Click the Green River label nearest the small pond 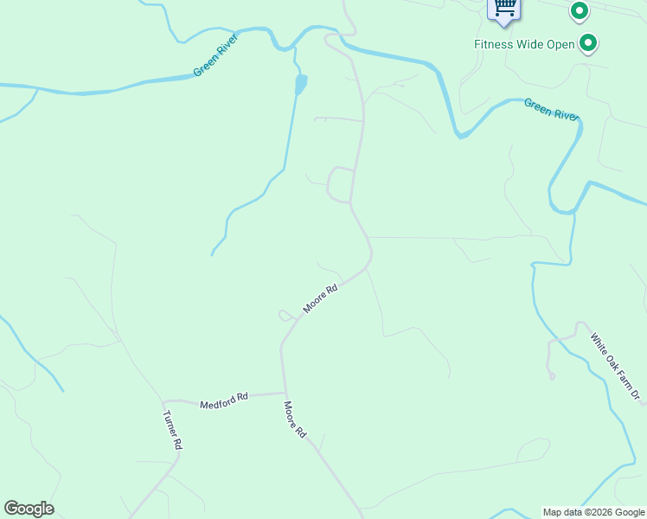pyautogui.click(x=215, y=54)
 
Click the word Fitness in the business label pyautogui.click(x=494, y=44)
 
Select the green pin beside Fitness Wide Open pyautogui.click(x=589, y=42)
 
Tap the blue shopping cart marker pyautogui.click(x=504, y=8)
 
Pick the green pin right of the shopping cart pyautogui.click(x=579, y=11)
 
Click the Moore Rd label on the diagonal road pyautogui.click(x=319, y=299)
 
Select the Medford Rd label pyautogui.click(x=224, y=400)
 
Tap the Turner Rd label pyautogui.click(x=173, y=429)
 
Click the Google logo pyautogui.click(x=29, y=509)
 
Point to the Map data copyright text pyautogui.click(x=594, y=512)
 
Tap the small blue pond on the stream pyautogui.click(x=300, y=84)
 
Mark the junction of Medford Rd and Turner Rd pyautogui.click(x=163, y=401)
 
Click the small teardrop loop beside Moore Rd pyautogui.click(x=285, y=315)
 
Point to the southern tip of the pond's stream pyautogui.click(x=212, y=254)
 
